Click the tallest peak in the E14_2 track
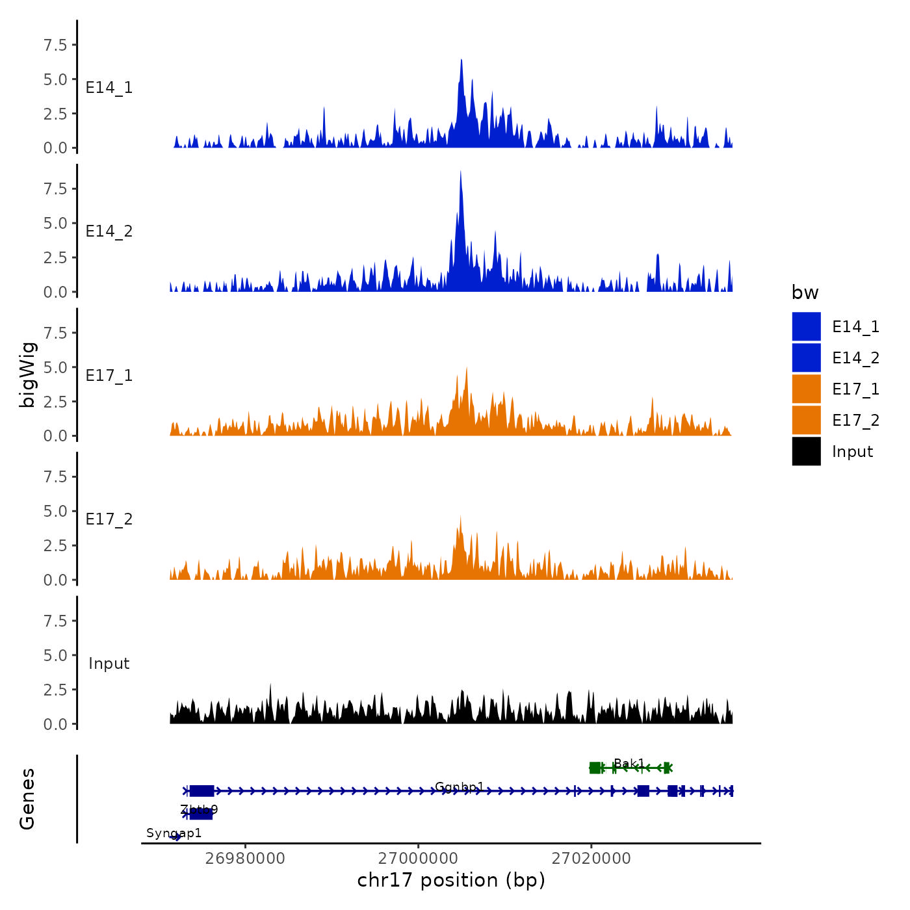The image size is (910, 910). tap(460, 173)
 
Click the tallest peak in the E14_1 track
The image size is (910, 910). tap(461, 61)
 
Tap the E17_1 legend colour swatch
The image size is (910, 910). tap(806, 389)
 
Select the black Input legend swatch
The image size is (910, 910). tap(806, 452)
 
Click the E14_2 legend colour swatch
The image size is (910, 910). tap(806, 358)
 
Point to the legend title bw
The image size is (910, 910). tap(805, 293)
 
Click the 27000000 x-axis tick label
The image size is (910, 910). tap(419, 859)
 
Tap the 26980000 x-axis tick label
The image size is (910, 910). tap(245, 859)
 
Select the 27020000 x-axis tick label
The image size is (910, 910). tap(591, 859)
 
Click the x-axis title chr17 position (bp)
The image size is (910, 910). tap(451, 881)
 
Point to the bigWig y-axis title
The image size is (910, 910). tap(27, 375)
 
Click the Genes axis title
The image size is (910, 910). tap(27, 799)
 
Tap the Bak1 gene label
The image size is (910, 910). tap(629, 763)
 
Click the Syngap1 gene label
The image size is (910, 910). tap(174, 833)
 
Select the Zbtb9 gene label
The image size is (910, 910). tap(199, 810)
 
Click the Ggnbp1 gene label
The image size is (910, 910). tap(459, 787)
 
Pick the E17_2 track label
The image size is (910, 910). tap(109, 519)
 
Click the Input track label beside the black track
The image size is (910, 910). tap(109, 664)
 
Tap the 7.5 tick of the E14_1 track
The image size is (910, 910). tap(55, 45)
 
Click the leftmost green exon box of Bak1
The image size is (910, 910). tap(595, 768)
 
